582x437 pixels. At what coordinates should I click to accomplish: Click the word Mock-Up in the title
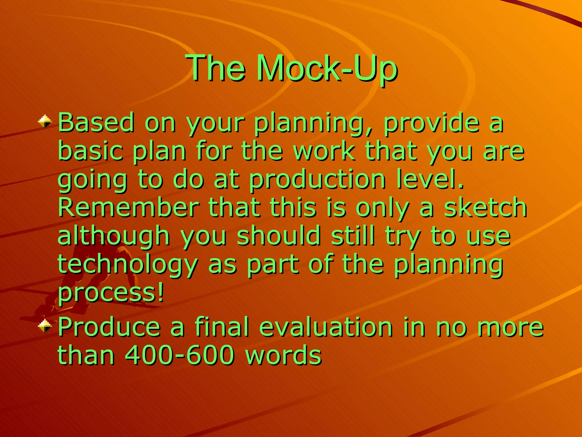pyautogui.click(x=327, y=68)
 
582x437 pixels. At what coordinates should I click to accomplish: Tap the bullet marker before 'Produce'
pyautogui.click(x=45, y=326)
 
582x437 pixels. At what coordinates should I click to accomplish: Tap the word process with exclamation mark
pyautogui.click(x=111, y=293)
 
